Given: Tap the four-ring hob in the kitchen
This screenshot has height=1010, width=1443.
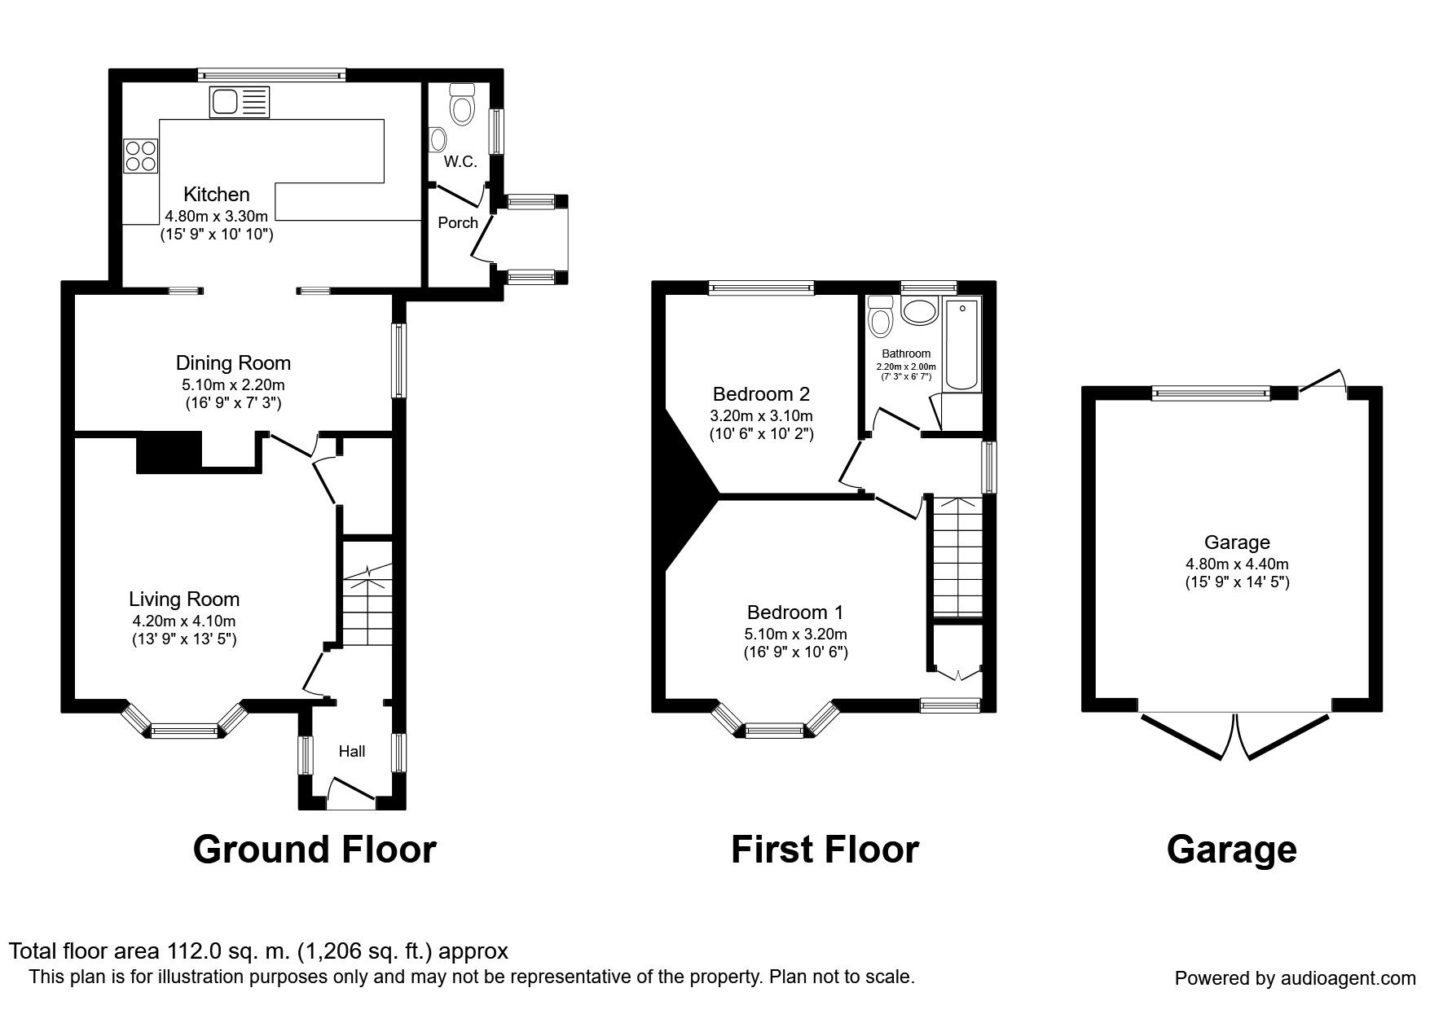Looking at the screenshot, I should tap(140, 156).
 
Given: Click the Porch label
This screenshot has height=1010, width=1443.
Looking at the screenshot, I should tap(458, 222).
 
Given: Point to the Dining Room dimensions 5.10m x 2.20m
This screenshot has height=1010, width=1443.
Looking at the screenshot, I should tap(233, 384).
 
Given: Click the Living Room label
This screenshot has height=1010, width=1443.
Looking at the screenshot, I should tap(184, 599).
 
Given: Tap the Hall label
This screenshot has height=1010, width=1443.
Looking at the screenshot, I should tap(351, 751).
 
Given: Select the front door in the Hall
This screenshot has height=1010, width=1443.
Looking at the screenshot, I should tap(351, 793).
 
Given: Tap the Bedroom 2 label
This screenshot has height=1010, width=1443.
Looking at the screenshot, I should tap(761, 394).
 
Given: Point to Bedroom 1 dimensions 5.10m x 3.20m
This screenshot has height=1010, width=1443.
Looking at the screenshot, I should tap(796, 634).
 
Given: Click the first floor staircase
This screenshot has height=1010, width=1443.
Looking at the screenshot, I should tap(957, 557).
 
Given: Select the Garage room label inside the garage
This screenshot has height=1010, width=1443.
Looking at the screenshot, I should tap(1237, 542).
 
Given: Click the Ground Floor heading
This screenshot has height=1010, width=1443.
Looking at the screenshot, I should tap(315, 850).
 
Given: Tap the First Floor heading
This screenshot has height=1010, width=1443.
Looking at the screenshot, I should tap(825, 850).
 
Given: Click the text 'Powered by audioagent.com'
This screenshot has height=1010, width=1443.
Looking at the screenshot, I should tap(1295, 978).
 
